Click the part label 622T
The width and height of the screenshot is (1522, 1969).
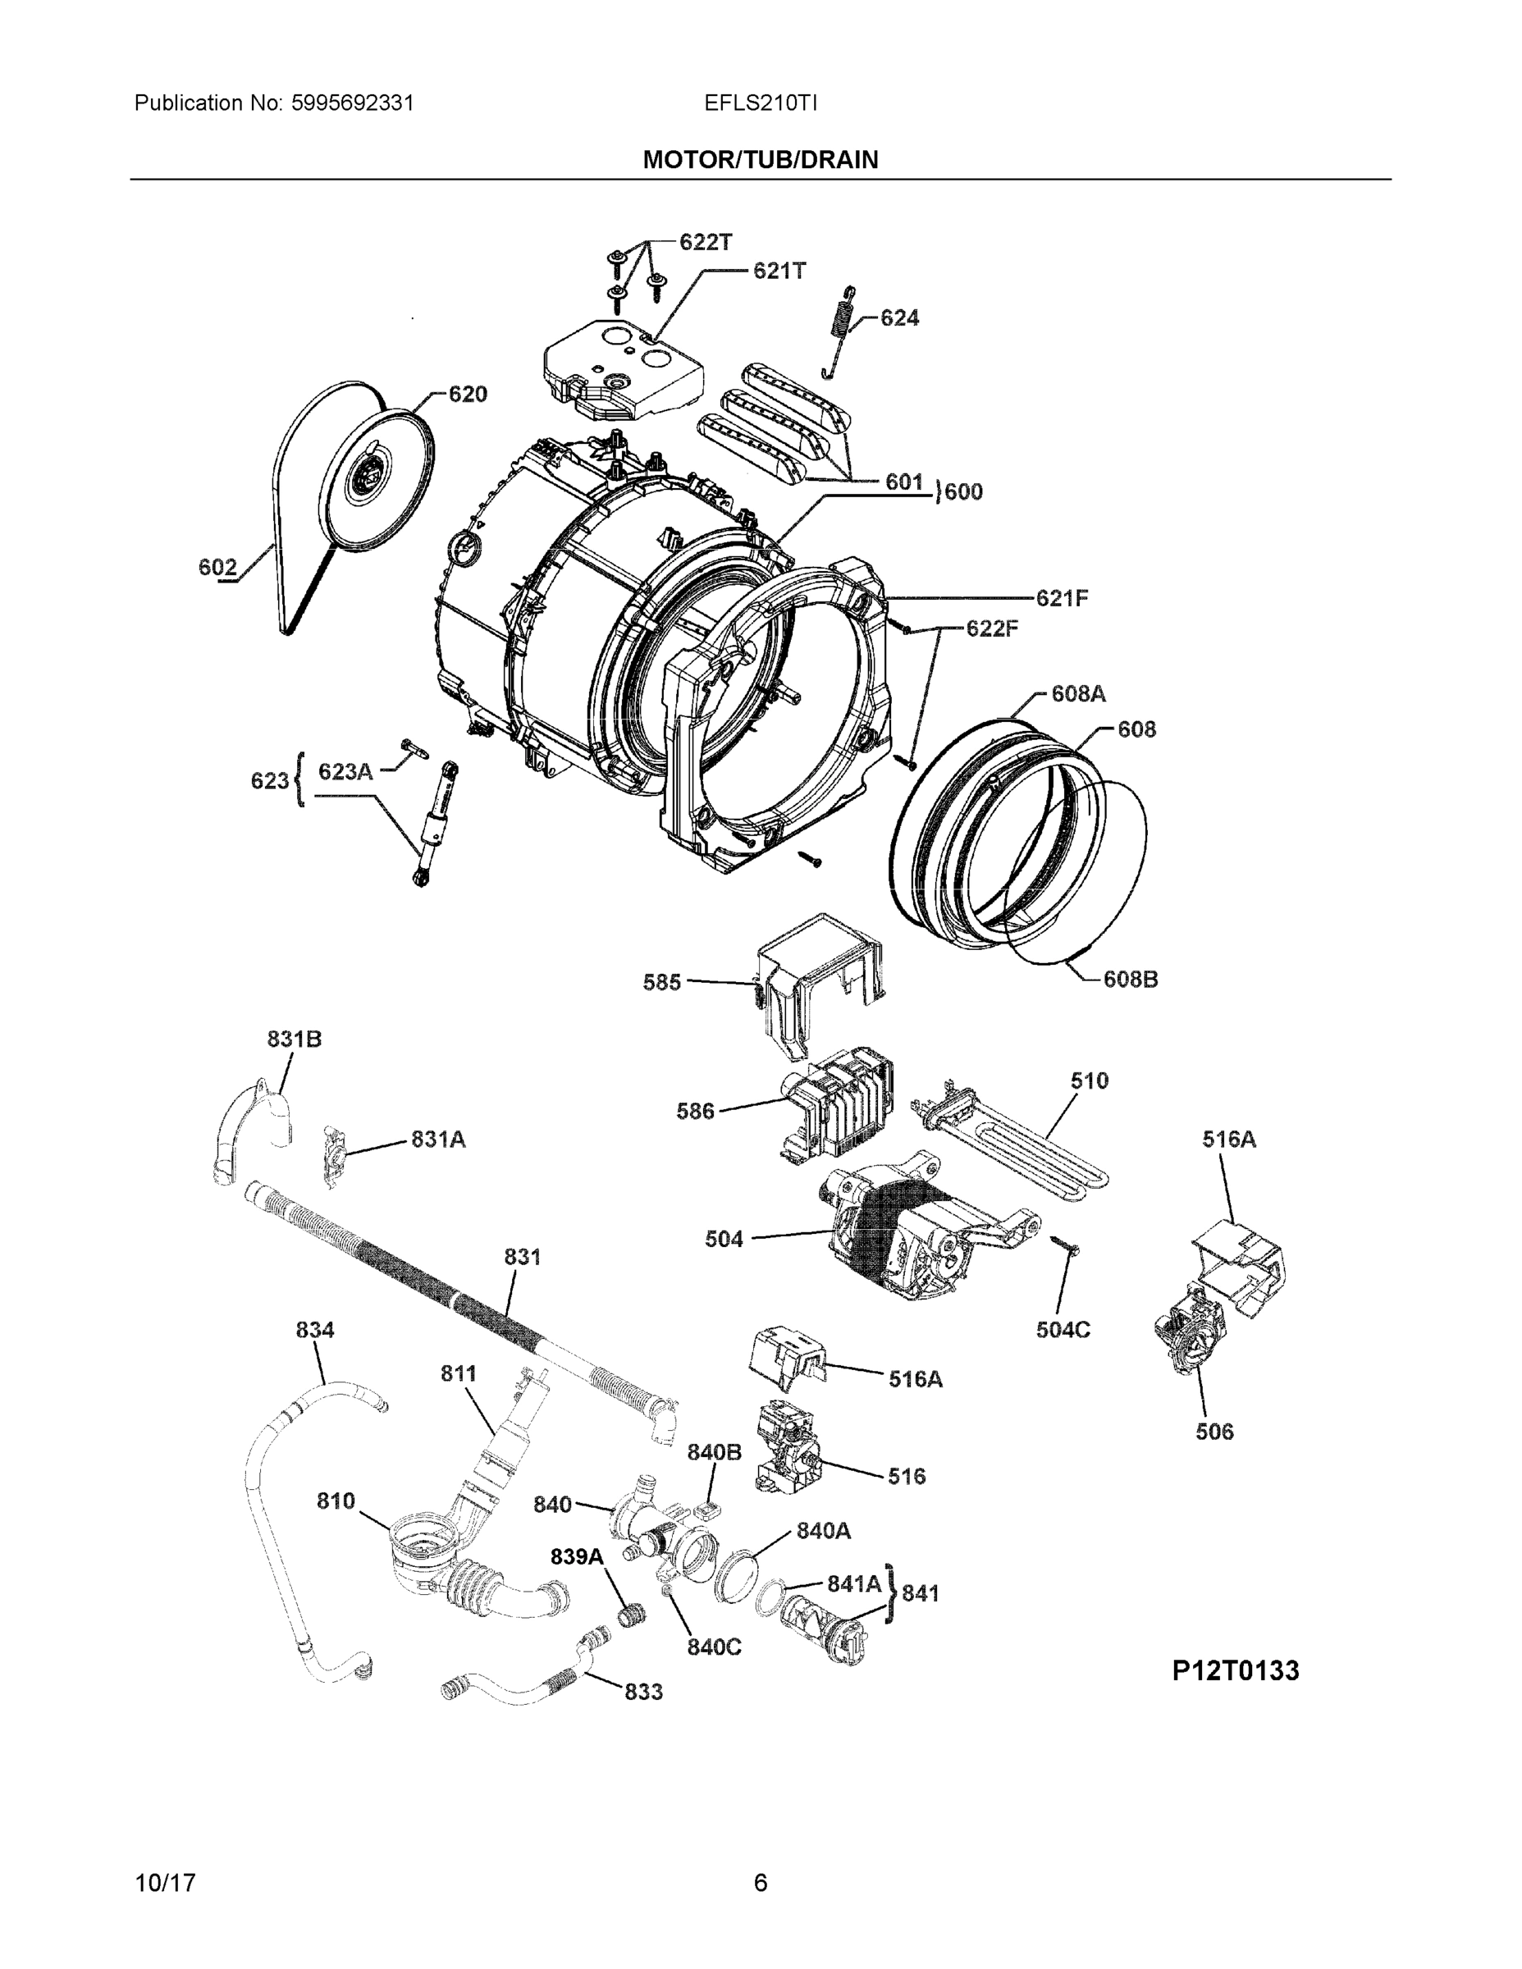(705, 242)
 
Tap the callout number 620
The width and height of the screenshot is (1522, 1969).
(467, 394)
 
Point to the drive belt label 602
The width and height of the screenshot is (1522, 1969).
(217, 567)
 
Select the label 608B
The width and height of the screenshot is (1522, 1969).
(1131, 979)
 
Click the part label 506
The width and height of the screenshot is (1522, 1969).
(1213, 1432)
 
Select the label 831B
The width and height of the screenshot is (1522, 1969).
(294, 1039)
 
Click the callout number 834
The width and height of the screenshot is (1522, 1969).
(315, 1330)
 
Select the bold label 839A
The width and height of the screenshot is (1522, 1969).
(577, 1556)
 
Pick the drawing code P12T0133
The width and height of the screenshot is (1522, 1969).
(1236, 1670)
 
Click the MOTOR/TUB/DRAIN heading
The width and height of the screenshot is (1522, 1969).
(760, 160)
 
